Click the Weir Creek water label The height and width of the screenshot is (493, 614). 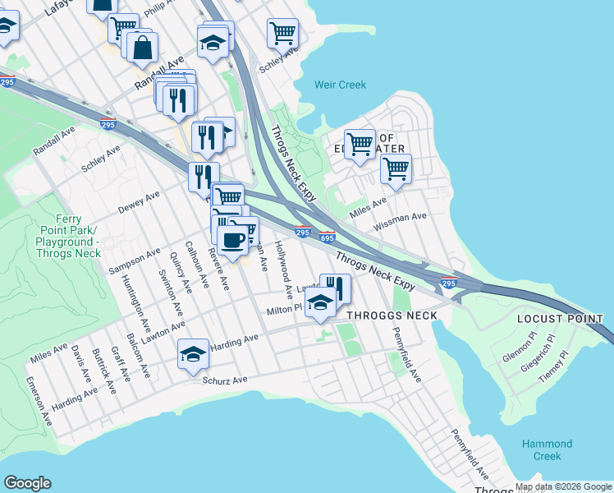340,85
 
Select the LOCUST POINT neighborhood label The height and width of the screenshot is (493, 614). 561,319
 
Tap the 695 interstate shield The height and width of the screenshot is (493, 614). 328,238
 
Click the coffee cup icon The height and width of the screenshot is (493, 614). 234,240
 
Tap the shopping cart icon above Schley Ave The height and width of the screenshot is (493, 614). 282,35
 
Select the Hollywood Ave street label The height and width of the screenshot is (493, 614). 284,269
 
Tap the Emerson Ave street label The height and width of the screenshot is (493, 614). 39,401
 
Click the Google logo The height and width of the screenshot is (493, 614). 28,483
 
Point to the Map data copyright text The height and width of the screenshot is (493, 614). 561,486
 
